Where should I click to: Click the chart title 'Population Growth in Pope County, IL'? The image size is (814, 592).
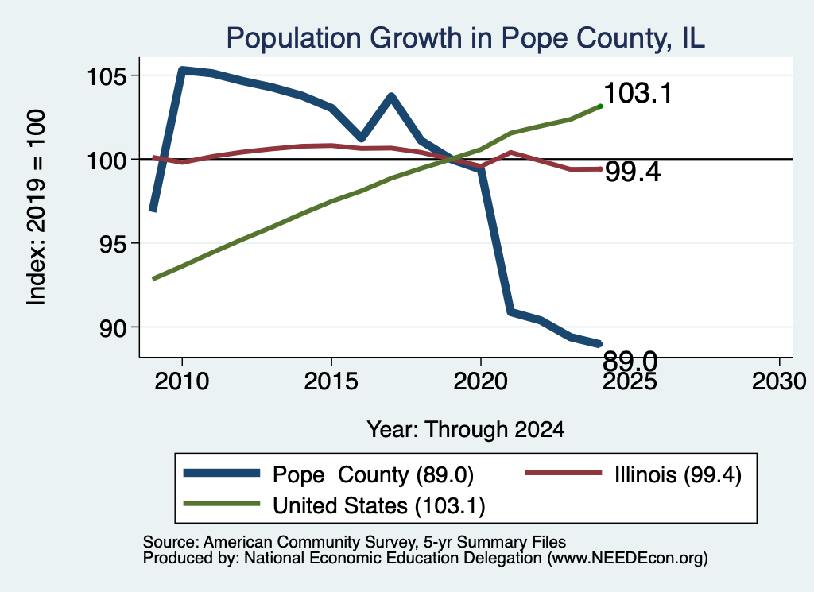pos(465,39)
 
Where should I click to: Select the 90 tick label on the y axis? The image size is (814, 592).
pos(113,328)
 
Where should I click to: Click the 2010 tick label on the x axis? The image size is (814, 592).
pos(182,381)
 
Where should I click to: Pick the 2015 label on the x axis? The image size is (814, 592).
pos(331,381)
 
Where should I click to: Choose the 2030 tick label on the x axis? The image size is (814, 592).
pos(779,381)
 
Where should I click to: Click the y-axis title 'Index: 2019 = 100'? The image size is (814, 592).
pos(37,207)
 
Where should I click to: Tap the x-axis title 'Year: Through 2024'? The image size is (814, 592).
pos(466,430)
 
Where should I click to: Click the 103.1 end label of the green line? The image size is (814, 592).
pos(638,94)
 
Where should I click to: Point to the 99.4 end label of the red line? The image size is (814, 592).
pos(633,172)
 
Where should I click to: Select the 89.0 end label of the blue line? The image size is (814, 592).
pos(630,361)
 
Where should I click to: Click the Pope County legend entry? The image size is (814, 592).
pos(328,474)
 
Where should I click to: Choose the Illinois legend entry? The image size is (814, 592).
pos(634,474)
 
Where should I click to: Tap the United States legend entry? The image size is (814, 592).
pos(335,505)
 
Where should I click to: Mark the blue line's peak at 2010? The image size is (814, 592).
pos(182,69)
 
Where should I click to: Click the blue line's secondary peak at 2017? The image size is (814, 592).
pos(391,96)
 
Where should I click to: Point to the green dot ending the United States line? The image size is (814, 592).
pos(601,106)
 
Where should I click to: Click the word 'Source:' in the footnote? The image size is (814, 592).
pos(171,542)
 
